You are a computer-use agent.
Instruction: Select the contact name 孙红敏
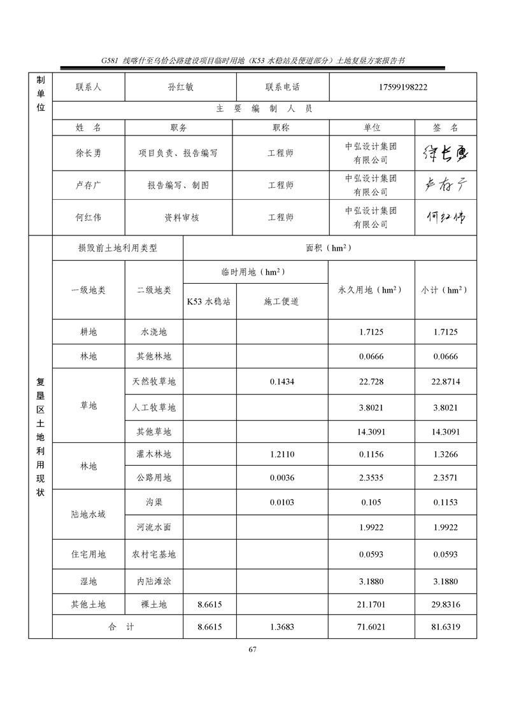180,87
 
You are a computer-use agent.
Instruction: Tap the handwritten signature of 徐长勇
445,153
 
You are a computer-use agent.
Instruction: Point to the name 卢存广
89,185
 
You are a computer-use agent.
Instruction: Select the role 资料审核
181,218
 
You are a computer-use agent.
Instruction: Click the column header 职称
281,127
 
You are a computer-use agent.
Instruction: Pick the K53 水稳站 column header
209,302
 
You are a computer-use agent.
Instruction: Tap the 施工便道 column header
281,302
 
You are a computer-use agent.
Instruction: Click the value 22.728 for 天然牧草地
371,382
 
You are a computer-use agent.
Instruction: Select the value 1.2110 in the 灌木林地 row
281,455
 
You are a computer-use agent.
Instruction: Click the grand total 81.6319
446,627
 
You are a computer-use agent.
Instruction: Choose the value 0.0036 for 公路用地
281,478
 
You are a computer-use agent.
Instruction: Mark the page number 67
252,649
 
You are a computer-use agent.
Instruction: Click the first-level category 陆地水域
89,514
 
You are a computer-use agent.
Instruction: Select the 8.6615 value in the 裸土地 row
210,605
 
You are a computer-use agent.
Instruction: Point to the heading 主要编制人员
264,109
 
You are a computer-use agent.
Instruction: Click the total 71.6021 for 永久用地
371,627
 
